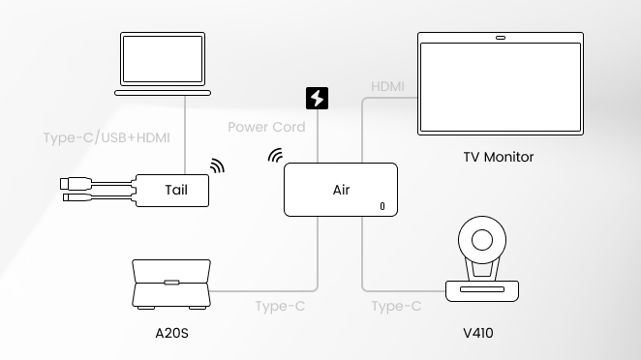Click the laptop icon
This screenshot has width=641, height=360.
coord(163,64)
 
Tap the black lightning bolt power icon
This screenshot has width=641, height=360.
coord(317,98)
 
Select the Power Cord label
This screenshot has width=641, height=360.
coord(266,127)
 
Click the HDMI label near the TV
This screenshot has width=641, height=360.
coord(387,87)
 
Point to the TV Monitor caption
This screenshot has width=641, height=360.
coord(499,157)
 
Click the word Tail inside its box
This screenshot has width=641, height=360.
coord(176,190)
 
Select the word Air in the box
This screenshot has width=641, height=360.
coord(342,190)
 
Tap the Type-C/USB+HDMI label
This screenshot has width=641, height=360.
coord(107,138)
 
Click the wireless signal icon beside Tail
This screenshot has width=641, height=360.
coord(218,165)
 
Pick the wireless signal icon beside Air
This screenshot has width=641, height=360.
coord(275,156)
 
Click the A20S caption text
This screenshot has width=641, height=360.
coord(171,334)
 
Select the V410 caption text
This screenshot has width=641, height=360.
coord(478,334)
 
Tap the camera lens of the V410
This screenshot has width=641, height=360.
coord(482,240)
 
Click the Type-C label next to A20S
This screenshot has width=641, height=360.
coord(280,306)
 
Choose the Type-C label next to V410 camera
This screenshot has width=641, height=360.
coord(396,306)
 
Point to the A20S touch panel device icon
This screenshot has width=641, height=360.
coord(171,284)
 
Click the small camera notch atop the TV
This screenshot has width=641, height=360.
coord(501,38)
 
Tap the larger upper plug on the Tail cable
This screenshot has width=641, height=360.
coord(76,184)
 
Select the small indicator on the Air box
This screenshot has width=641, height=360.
coord(382,206)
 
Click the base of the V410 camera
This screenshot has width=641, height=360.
coord(482,290)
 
